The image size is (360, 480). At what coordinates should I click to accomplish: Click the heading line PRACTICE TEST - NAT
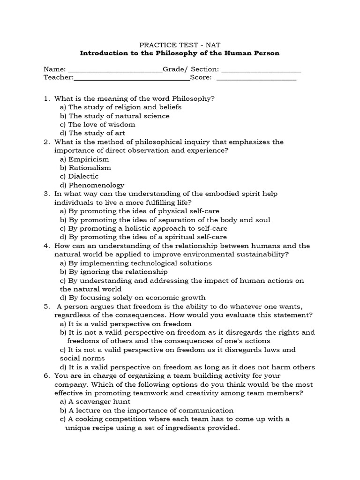pyautogui.click(x=180, y=45)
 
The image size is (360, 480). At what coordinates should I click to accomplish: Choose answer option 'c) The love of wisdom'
pyautogui.click(x=97, y=124)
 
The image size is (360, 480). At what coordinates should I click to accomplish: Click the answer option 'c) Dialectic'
pyautogui.click(x=79, y=176)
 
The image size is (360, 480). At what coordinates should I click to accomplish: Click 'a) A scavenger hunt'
pyautogui.click(x=95, y=402)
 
